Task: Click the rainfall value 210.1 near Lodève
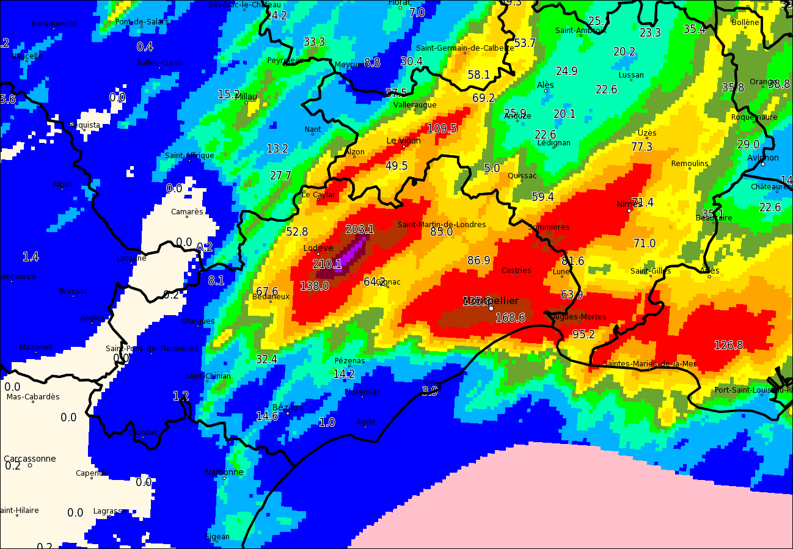point(327,264)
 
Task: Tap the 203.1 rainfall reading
point(359,230)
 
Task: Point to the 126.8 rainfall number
point(728,346)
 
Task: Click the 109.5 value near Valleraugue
point(442,128)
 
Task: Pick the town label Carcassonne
point(29,459)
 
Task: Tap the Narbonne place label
point(224,472)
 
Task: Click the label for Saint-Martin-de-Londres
point(442,224)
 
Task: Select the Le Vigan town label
point(403,140)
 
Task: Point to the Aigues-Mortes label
point(579,316)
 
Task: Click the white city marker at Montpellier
point(491,308)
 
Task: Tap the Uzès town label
point(646,133)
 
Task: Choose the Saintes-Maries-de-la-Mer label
point(649,364)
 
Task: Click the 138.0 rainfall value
point(314,286)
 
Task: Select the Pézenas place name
point(349,360)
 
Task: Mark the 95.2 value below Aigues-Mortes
point(583,335)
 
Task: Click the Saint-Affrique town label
point(189,155)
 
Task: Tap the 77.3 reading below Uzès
point(641,147)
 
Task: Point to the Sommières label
point(549,227)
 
